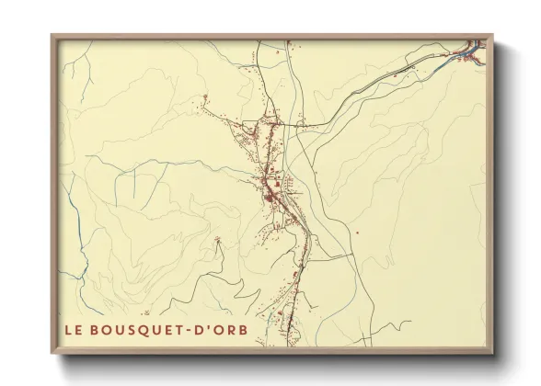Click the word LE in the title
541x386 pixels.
(x=73, y=330)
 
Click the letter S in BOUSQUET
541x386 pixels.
(x=132, y=330)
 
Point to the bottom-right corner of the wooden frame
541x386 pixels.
(x=492, y=353)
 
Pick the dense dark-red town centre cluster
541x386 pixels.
(x=272, y=192)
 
